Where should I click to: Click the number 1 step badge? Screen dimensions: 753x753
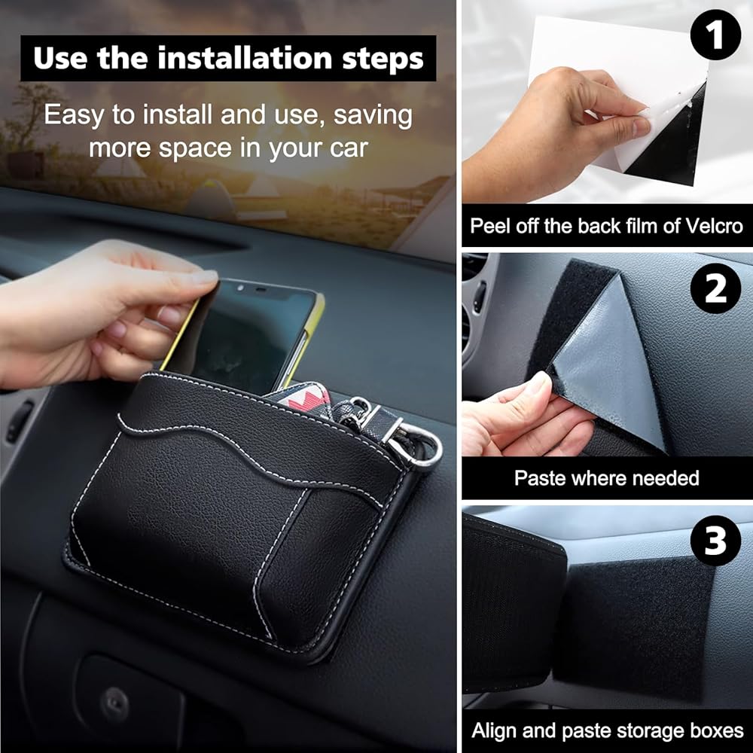(715, 35)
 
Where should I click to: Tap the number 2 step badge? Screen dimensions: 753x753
(715, 288)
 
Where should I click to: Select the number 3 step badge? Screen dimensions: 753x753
(715, 540)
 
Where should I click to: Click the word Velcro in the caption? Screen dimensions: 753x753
(715, 226)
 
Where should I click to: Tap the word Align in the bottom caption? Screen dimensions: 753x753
(494, 731)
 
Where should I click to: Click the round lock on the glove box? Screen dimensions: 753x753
(114, 703)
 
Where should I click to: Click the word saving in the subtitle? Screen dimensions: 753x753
(373, 116)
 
